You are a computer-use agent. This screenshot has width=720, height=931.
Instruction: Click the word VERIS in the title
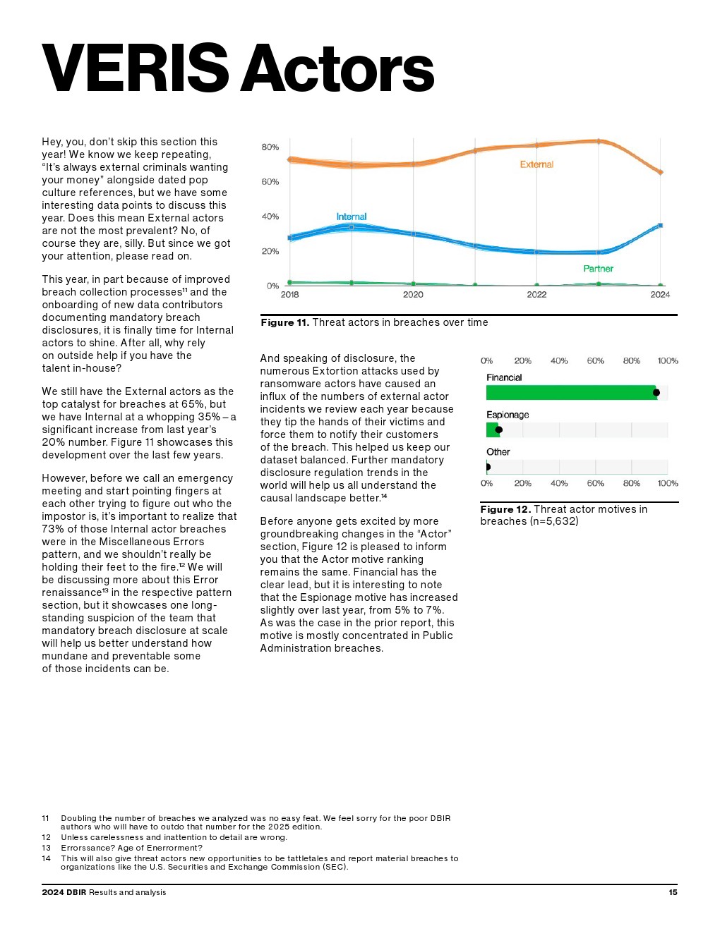[135, 68]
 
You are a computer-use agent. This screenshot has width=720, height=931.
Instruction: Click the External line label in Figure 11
[536, 164]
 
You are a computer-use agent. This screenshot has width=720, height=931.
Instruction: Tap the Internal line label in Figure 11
[352, 217]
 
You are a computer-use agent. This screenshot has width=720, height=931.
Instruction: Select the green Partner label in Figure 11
[598, 269]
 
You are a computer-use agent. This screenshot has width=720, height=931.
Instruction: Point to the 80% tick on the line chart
[270, 147]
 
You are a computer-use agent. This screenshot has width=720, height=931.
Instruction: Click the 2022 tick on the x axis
[536, 295]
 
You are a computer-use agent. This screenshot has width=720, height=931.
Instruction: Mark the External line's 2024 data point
[661, 172]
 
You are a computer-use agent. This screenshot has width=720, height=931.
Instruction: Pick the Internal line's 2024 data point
[661, 225]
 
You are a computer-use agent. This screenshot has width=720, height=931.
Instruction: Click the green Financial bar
[570, 393]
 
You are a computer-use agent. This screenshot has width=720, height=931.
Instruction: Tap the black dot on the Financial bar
[656, 393]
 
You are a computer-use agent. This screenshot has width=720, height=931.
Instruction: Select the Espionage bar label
[508, 415]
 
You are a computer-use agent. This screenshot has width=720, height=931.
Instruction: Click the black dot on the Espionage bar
[499, 430]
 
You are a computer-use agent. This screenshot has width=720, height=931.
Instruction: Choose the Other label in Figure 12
[498, 452]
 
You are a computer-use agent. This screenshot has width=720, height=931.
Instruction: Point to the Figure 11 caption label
[284, 322]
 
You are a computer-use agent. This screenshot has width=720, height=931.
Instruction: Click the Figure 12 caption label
[505, 509]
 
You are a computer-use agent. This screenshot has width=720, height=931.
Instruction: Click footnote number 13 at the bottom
[47, 848]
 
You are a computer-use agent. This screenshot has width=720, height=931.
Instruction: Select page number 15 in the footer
[673, 892]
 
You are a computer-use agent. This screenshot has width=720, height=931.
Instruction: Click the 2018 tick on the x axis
[289, 295]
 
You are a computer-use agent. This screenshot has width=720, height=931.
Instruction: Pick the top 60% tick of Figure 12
[595, 361]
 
